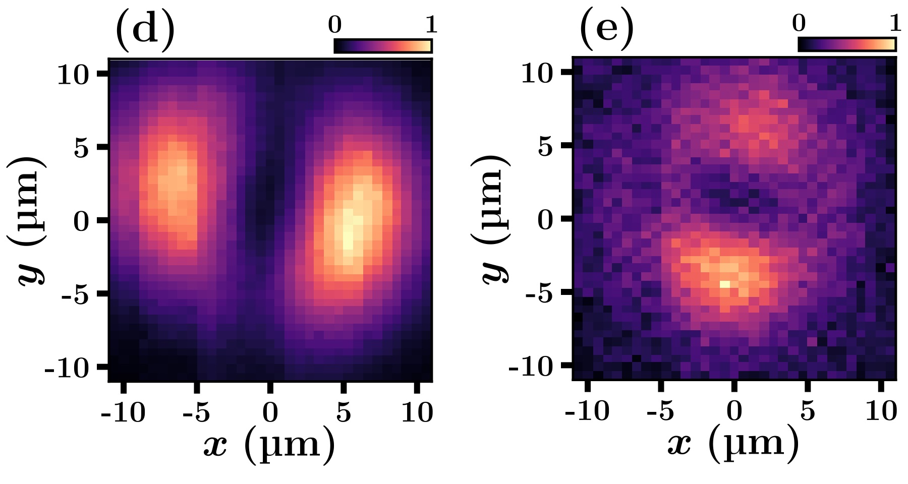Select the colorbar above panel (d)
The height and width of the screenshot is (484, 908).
pos(383,46)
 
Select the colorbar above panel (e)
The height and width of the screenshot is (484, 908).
pos(847,44)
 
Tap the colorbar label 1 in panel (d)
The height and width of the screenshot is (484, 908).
pos(431,25)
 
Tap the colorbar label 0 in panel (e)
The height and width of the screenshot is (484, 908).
pos(799,23)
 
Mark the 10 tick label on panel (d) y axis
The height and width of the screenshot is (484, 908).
pos(73,76)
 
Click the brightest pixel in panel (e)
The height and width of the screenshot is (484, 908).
pos(724,284)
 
